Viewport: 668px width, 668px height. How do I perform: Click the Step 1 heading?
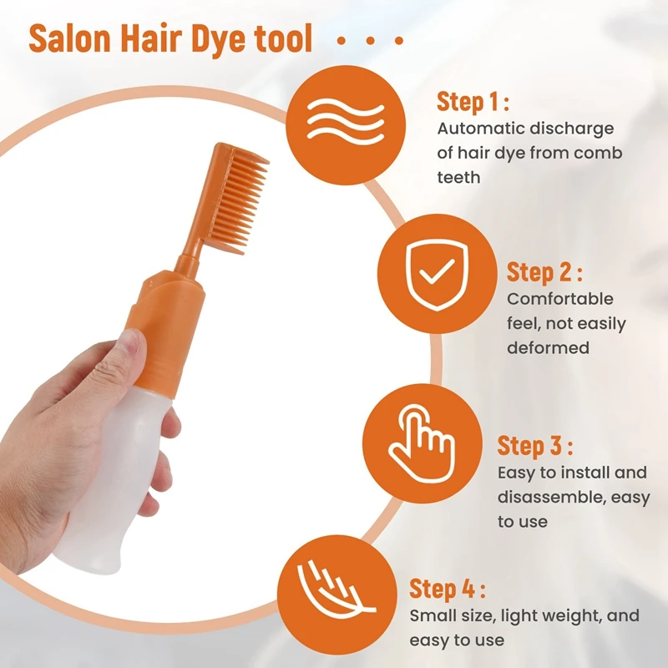point(473,103)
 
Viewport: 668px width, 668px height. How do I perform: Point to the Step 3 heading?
point(535,446)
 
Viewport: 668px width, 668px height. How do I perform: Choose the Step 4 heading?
point(447,589)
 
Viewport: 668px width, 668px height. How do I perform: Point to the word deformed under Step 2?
point(548,347)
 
